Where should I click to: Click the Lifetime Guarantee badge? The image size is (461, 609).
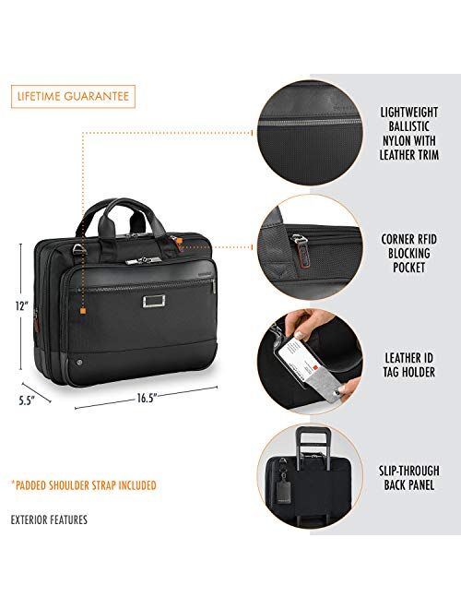tap(73, 96)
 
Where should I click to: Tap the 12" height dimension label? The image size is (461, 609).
tap(22, 306)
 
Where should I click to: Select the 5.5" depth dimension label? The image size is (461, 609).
tap(27, 400)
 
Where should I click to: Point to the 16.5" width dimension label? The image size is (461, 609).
tap(146, 398)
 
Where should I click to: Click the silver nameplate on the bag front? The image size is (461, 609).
tap(154, 301)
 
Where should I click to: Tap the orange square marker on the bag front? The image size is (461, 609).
tap(82, 311)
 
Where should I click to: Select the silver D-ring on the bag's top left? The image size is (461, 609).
tap(79, 248)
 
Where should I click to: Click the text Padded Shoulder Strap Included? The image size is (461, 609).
tap(84, 485)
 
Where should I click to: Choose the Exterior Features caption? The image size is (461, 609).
tap(49, 519)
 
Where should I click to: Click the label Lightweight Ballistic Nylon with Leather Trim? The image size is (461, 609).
tap(409, 134)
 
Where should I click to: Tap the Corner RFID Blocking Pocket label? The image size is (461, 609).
tap(409, 253)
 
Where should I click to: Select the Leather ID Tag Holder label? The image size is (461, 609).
tap(409, 364)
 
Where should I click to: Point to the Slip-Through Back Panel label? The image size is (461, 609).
tap(409, 478)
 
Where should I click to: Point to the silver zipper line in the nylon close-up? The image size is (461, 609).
tap(310, 122)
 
